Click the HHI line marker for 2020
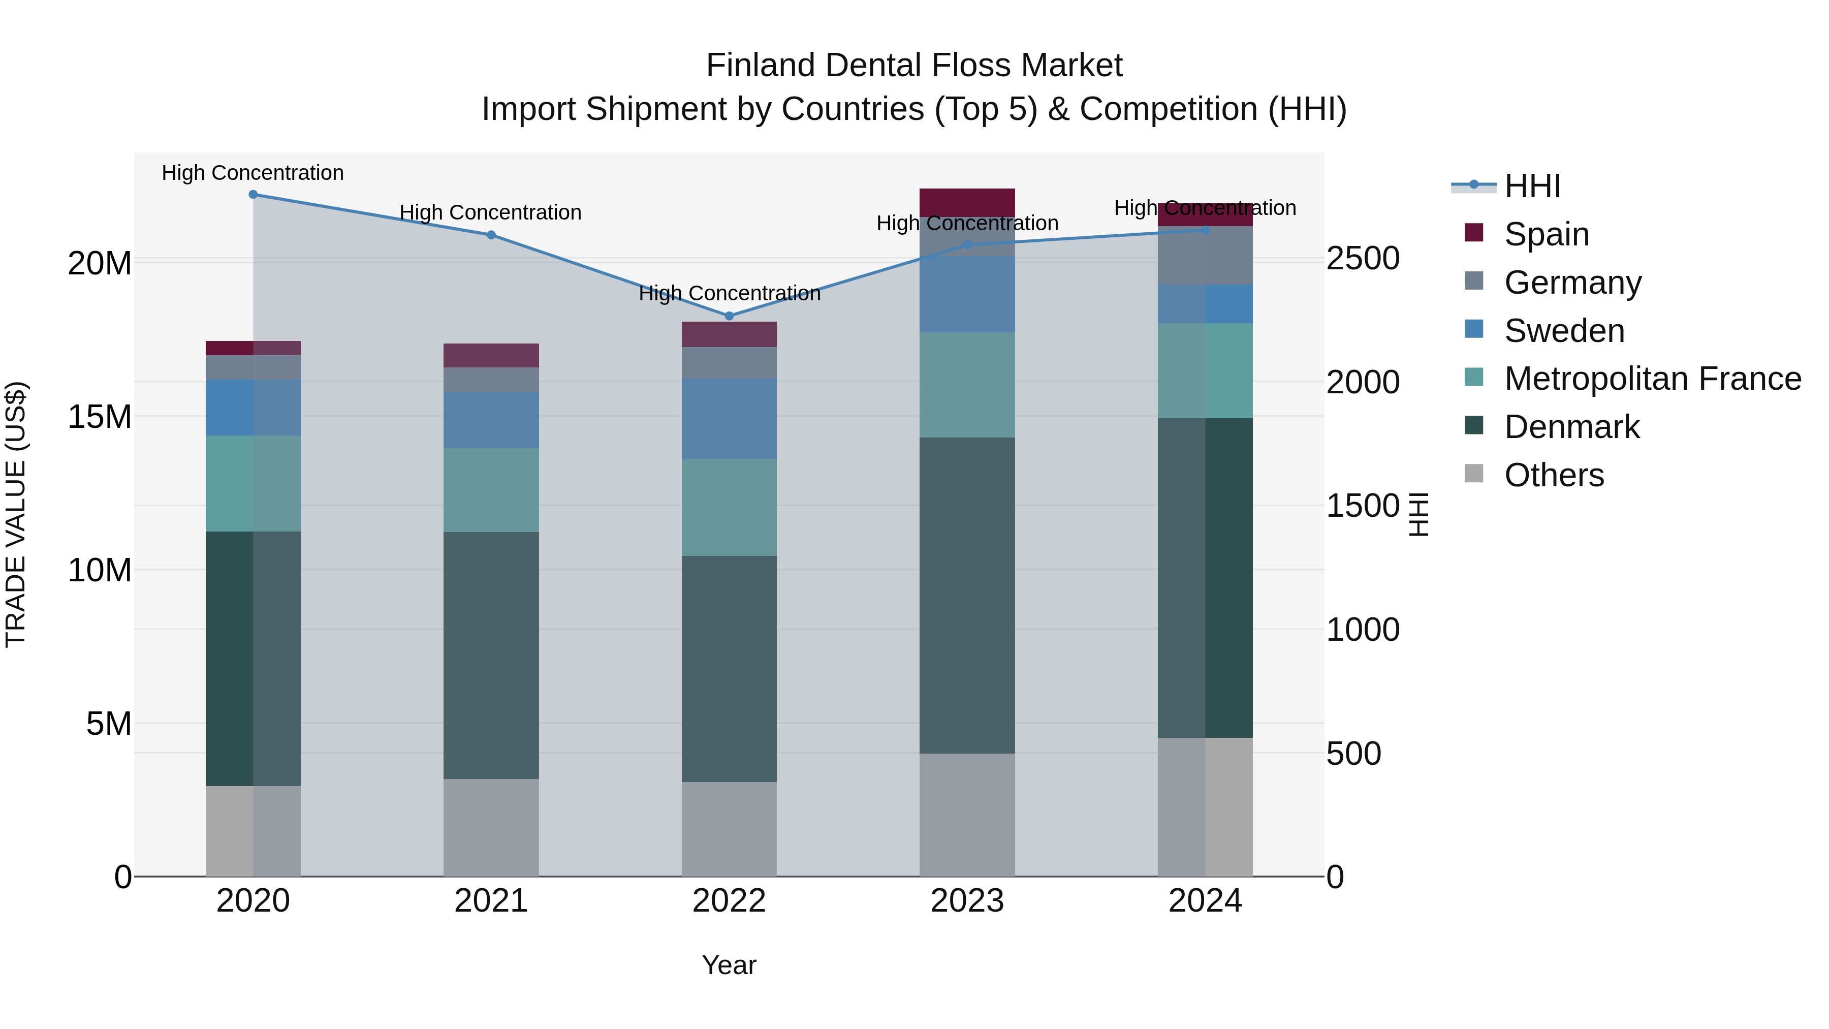253,195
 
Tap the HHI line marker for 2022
729,316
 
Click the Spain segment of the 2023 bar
967,202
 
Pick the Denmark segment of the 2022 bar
729,668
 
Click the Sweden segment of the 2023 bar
967,294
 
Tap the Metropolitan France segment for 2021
491,490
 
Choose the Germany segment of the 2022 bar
729,363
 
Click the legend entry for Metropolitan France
1652,379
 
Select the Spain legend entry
1547,234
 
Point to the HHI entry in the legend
1532,186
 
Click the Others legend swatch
1474,474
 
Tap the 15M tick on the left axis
100,417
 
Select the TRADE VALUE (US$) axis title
16,514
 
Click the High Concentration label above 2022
729,293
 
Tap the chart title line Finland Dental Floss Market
914,66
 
